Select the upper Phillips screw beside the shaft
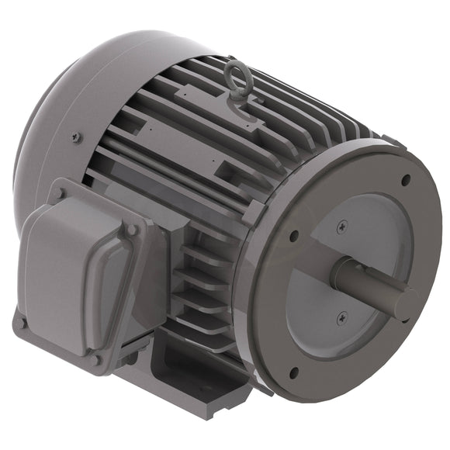(x=342, y=226)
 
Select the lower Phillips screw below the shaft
(x=341, y=316)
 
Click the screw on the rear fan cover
(x=75, y=138)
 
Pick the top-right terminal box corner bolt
(x=131, y=230)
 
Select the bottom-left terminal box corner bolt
(x=23, y=322)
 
